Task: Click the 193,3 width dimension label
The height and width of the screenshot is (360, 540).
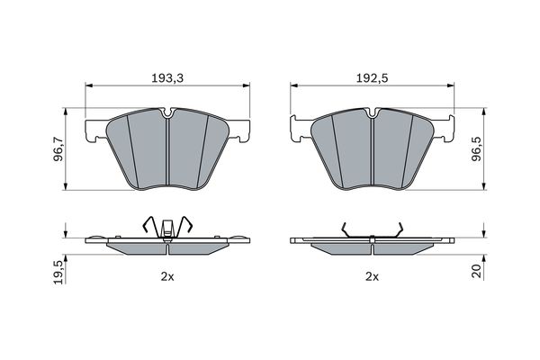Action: pos(167,78)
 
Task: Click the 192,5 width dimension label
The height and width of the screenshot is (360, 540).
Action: pos(372,78)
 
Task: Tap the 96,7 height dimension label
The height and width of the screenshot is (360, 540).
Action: pos(58,149)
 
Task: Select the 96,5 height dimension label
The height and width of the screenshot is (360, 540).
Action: pos(476,149)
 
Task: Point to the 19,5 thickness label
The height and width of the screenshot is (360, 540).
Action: pos(58,272)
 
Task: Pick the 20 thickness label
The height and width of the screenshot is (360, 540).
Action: pos(476,271)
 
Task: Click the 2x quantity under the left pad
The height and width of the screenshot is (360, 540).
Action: pos(167,276)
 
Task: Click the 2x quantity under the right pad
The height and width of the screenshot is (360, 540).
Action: pos(372,276)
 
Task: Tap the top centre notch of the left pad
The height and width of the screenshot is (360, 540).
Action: pos(167,112)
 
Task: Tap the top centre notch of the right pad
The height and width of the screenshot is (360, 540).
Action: pos(372,112)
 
